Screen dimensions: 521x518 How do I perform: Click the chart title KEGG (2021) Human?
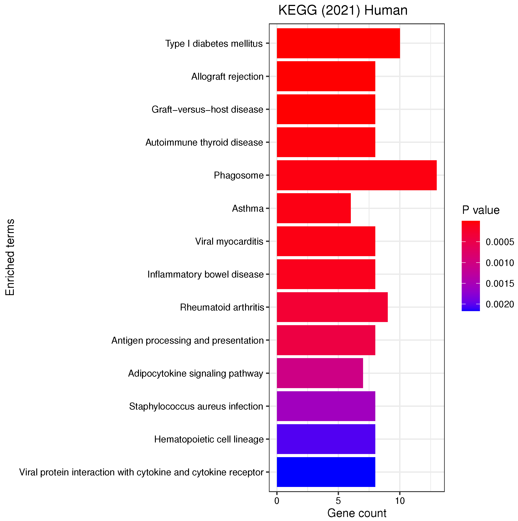point(343,11)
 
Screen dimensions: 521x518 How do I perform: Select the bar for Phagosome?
point(356,175)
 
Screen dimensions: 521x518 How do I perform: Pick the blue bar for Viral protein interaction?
point(326,472)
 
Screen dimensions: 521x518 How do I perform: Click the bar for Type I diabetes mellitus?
point(338,43)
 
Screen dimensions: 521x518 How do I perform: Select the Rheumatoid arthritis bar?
point(332,307)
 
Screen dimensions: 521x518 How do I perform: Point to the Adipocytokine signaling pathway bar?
point(320,373)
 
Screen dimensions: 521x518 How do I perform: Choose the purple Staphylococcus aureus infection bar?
point(326,406)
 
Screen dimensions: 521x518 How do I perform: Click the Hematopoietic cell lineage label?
point(209,439)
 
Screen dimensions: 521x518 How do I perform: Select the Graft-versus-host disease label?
point(207,109)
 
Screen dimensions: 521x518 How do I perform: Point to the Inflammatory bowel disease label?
point(205,274)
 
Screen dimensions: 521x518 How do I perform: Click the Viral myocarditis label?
point(229,241)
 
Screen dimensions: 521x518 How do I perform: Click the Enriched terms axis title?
point(10,257)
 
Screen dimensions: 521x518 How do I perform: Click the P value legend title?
point(481,210)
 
